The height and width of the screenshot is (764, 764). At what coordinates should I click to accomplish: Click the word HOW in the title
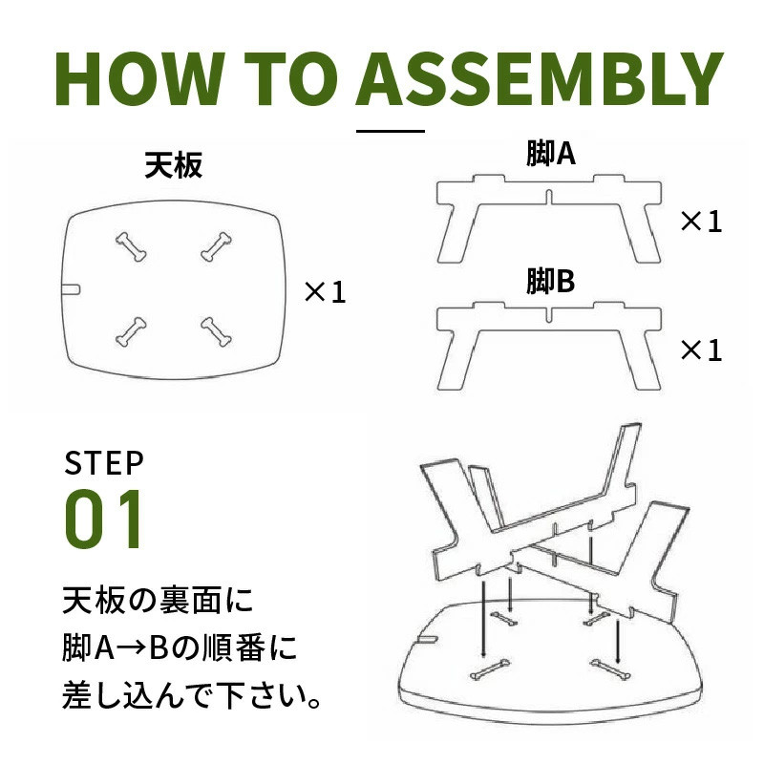[x=139, y=78]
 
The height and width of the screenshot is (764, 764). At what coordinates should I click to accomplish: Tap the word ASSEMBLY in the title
[x=540, y=78]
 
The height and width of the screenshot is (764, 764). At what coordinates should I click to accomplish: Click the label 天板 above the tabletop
[x=174, y=165]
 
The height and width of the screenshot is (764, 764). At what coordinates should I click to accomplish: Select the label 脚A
[x=551, y=154]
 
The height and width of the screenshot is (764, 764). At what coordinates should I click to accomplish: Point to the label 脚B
[x=551, y=281]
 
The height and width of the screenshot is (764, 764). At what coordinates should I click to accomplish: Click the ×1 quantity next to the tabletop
[x=325, y=292]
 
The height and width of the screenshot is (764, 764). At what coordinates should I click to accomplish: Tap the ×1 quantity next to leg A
[x=701, y=222]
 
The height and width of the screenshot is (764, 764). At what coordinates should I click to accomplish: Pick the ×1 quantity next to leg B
[x=701, y=350]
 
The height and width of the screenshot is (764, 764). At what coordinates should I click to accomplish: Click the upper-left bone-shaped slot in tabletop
[x=131, y=246]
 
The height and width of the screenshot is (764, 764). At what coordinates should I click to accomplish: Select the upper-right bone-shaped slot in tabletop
[x=217, y=246]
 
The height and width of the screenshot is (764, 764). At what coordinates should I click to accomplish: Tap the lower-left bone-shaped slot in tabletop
[x=131, y=331]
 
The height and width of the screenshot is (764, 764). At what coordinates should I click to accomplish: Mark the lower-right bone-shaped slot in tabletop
[x=217, y=331]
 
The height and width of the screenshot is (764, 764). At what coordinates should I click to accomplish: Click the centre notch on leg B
[x=548, y=314]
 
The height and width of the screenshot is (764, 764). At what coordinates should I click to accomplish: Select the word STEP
[x=104, y=463]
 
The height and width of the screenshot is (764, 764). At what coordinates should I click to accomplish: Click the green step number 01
[x=103, y=519]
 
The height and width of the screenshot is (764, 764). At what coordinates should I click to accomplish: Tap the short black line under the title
[x=391, y=131]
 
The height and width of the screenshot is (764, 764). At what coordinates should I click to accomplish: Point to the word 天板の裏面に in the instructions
[x=158, y=601]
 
